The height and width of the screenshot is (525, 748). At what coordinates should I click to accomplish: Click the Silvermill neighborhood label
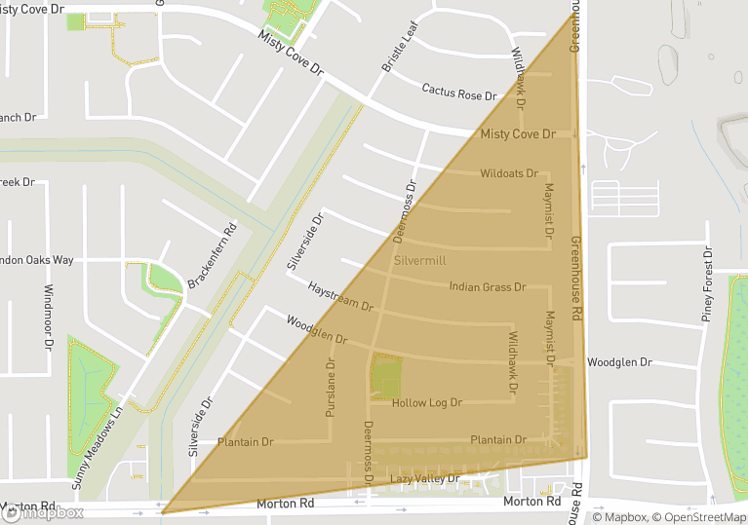pos(419,262)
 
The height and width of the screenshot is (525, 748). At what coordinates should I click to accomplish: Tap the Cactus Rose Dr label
pos(458,91)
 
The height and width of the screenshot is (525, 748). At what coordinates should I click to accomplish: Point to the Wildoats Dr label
pos(508,173)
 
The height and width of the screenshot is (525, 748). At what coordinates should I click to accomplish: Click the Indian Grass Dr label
pos(487,287)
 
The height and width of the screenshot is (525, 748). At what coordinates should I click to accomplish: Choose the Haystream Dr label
pos(340,298)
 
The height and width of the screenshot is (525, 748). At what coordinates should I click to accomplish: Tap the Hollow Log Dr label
pos(426,402)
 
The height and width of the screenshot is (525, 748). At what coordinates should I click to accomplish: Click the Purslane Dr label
pos(330,389)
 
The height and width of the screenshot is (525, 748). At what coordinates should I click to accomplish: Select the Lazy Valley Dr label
pos(424,479)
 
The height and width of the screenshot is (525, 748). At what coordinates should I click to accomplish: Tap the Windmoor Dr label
pos(48,317)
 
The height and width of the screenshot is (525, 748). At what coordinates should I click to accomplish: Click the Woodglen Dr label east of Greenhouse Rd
pos(618,362)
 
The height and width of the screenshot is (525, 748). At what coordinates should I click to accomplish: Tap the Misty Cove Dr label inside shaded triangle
pos(518,133)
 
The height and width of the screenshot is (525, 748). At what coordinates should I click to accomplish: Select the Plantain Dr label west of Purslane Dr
pos(245,442)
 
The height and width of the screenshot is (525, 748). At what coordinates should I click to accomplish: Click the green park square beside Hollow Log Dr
pos(385,376)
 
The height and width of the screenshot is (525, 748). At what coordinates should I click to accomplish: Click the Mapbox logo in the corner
pos(43,512)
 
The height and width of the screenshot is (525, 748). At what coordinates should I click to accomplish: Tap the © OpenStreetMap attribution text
pos(700,517)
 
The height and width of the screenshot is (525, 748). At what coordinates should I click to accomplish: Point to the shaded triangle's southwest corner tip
pos(163,512)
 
